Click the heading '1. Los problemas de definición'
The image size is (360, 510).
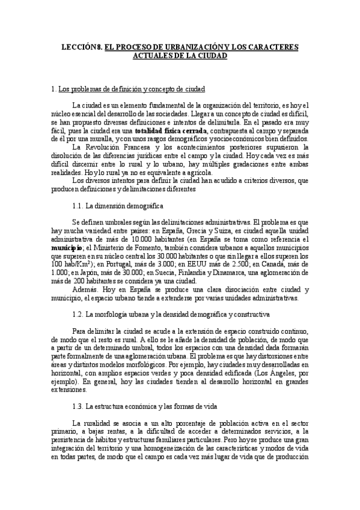coord(128,90)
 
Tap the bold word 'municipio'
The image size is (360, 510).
coord(67,247)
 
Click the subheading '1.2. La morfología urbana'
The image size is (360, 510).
coord(171,313)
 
